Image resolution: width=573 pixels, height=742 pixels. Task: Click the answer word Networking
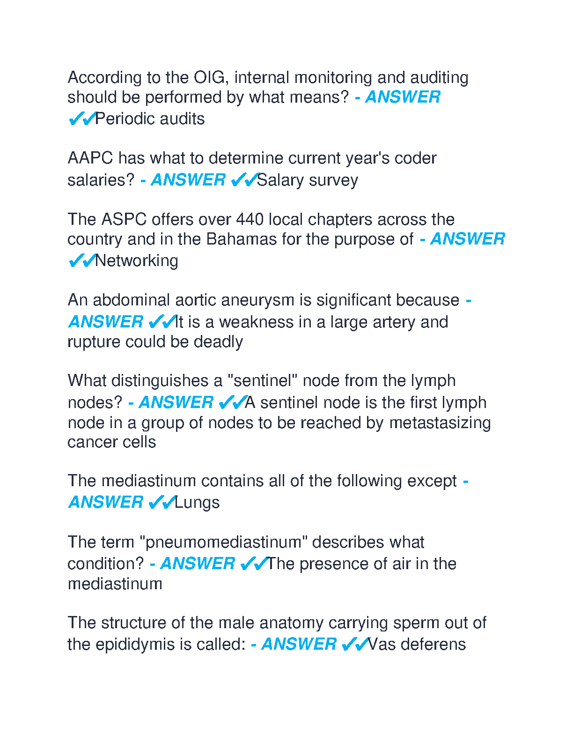click(137, 260)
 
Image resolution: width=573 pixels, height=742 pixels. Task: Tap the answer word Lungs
click(197, 503)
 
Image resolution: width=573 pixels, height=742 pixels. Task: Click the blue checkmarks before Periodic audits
click(81, 119)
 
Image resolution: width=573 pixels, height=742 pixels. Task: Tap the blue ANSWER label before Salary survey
click(188, 180)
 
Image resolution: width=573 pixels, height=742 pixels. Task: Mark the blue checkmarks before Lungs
click(162, 503)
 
